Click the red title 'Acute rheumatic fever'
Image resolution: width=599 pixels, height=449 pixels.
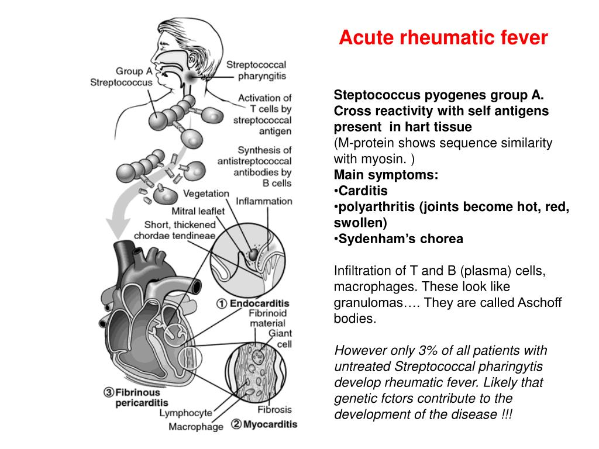pyautogui.click(x=443, y=38)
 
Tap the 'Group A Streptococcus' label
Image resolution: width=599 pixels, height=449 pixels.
pyautogui.click(x=122, y=77)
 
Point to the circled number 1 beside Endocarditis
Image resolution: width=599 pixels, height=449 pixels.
pyautogui.click(x=222, y=303)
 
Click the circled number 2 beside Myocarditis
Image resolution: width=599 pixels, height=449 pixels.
pyautogui.click(x=236, y=424)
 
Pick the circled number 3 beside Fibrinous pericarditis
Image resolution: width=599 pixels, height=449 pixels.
pyautogui.click(x=108, y=393)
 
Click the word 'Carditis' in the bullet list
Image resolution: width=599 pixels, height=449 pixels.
pyautogui.click(x=363, y=191)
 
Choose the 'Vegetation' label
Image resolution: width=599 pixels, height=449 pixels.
pyautogui.click(x=206, y=194)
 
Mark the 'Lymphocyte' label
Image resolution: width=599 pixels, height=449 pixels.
pyautogui.click(x=187, y=413)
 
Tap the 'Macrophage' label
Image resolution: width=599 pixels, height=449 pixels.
pyautogui.click(x=196, y=426)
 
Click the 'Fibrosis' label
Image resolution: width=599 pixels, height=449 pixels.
pyautogui.click(x=274, y=410)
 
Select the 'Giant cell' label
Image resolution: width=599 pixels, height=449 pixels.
pyautogui.click(x=280, y=339)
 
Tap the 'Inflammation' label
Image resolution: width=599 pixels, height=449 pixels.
pyautogui.click(x=264, y=201)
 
